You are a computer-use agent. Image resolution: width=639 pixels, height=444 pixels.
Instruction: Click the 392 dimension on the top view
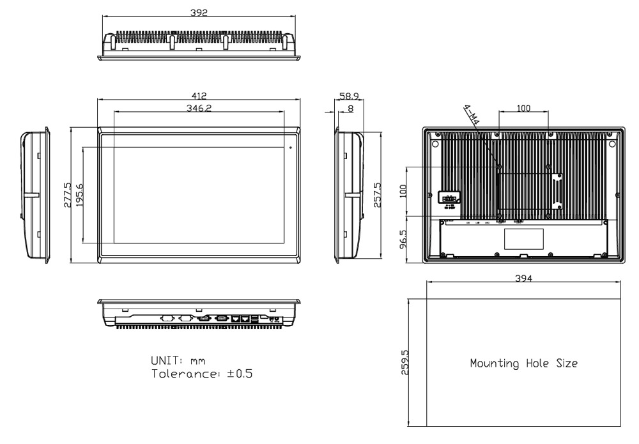click(x=199, y=13)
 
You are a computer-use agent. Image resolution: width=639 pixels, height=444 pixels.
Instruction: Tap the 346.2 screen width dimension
click(x=199, y=109)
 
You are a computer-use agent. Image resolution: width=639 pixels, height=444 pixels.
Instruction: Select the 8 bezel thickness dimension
click(x=350, y=109)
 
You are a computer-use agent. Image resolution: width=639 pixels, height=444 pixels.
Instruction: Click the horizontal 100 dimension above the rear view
click(x=523, y=109)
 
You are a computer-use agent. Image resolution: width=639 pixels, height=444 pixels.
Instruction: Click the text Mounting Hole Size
click(x=524, y=364)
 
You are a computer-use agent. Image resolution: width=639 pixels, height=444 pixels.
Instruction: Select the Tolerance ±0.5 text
click(x=201, y=374)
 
